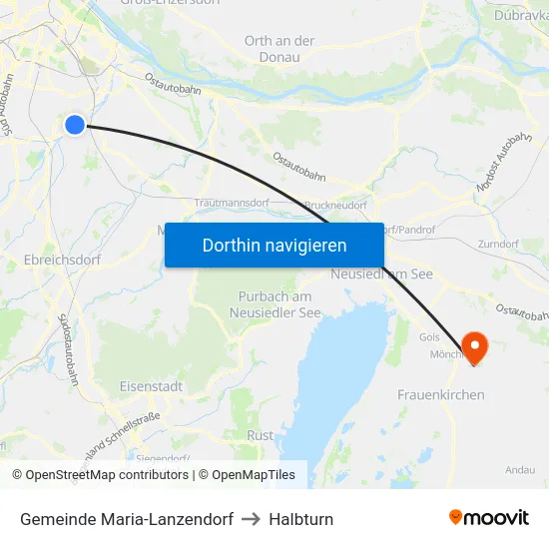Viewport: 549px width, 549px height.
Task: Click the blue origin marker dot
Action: point(75,124)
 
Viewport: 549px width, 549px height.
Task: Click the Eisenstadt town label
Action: point(150,385)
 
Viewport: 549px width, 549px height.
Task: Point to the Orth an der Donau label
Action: point(279,49)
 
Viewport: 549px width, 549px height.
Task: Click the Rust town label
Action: point(260,435)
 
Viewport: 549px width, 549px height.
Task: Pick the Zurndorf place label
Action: point(498,244)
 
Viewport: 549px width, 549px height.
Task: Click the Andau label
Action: point(520,469)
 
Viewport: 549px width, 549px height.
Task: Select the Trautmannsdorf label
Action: point(232,203)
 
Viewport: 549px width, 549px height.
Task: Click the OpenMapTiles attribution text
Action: point(250,475)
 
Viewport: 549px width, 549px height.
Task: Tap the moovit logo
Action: point(489,518)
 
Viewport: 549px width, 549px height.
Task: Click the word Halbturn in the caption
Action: point(300,519)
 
